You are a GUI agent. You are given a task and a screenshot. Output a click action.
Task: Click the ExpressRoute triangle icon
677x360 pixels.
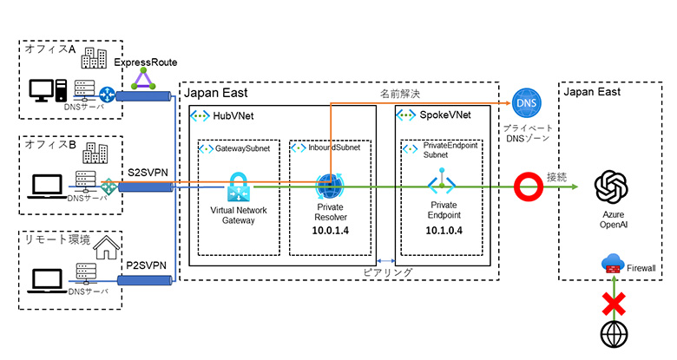144,80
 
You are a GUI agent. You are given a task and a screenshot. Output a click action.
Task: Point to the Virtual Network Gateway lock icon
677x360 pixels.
239,187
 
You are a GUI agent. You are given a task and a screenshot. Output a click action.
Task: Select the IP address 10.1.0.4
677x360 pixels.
443,232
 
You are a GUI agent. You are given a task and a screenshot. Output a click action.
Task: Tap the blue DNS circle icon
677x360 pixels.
527,104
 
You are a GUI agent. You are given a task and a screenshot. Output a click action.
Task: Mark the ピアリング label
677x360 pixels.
387,272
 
